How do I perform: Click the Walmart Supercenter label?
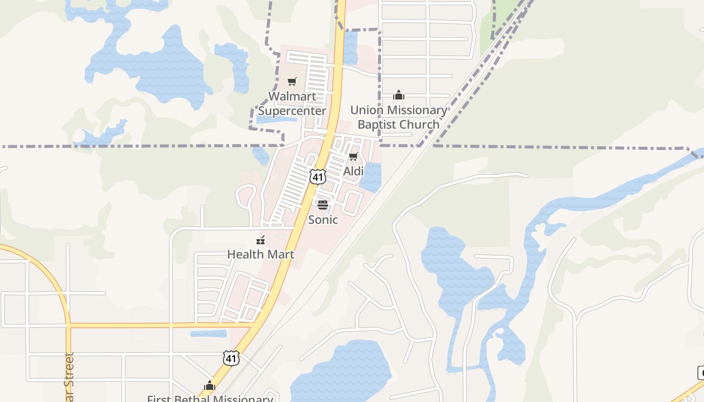point(292,104)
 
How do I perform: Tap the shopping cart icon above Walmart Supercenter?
point(292,81)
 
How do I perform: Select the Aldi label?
point(353,171)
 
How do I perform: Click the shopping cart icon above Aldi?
point(354,157)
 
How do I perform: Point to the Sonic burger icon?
point(322,205)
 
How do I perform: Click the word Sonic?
point(323,220)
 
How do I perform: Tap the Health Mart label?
point(260,254)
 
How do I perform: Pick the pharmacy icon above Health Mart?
point(260,240)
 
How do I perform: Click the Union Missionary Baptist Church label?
point(398,117)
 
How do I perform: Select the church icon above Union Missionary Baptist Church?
point(399,95)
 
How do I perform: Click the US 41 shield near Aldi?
point(318,176)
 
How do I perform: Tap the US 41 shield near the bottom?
point(231,358)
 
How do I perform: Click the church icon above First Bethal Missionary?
point(210,386)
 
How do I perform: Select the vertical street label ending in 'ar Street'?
point(69,377)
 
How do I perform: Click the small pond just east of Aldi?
point(371,177)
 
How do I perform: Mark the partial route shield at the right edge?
point(700,373)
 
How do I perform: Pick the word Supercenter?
point(292,111)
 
